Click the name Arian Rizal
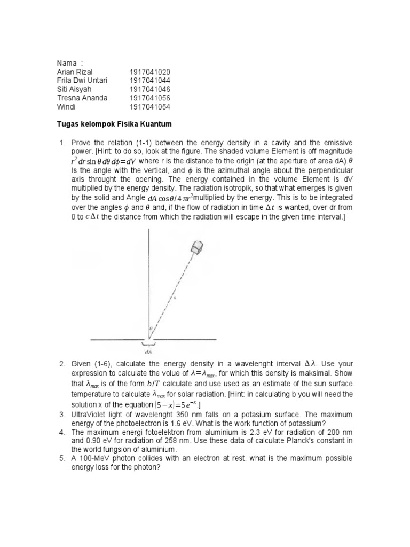click(74, 72)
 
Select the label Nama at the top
click(66, 63)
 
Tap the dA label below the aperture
click(148, 352)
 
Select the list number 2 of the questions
click(61, 364)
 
